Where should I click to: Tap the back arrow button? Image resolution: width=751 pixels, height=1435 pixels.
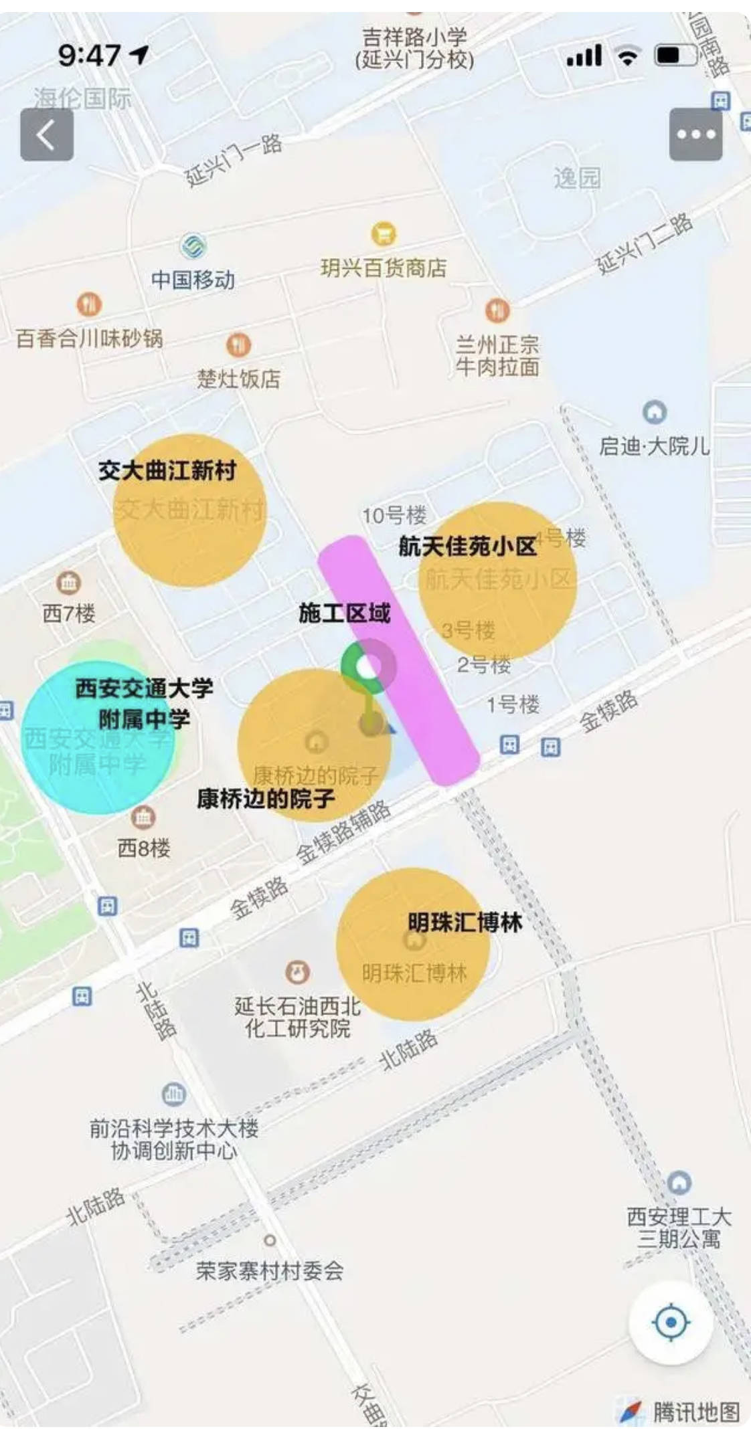click(46, 134)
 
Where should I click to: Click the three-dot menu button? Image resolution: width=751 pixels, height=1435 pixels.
click(695, 134)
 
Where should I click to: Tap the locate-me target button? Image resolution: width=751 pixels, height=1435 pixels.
click(671, 1322)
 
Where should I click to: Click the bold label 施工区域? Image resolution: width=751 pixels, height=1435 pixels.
click(344, 613)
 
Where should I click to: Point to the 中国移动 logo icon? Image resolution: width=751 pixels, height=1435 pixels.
click(193, 246)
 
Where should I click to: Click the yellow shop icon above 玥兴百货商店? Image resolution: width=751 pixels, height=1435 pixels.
click(384, 234)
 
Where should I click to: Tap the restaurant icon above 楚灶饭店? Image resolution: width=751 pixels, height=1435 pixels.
click(238, 345)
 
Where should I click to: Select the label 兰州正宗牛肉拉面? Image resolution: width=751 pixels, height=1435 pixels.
click(497, 356)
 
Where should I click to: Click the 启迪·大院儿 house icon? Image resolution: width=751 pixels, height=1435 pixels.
click(654, 411)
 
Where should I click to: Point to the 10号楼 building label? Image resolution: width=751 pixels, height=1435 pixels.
click(394, 515)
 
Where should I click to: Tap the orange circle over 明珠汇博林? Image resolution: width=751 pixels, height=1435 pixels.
click(412, 945)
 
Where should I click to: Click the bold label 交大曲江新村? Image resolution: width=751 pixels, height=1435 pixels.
click(167, 470)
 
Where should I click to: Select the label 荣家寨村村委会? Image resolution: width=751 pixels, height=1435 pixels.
click(270, 1270)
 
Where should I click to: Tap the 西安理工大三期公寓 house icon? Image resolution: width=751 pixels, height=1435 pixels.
click(679, 1182)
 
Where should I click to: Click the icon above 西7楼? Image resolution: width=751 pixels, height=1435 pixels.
click(68, 583)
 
